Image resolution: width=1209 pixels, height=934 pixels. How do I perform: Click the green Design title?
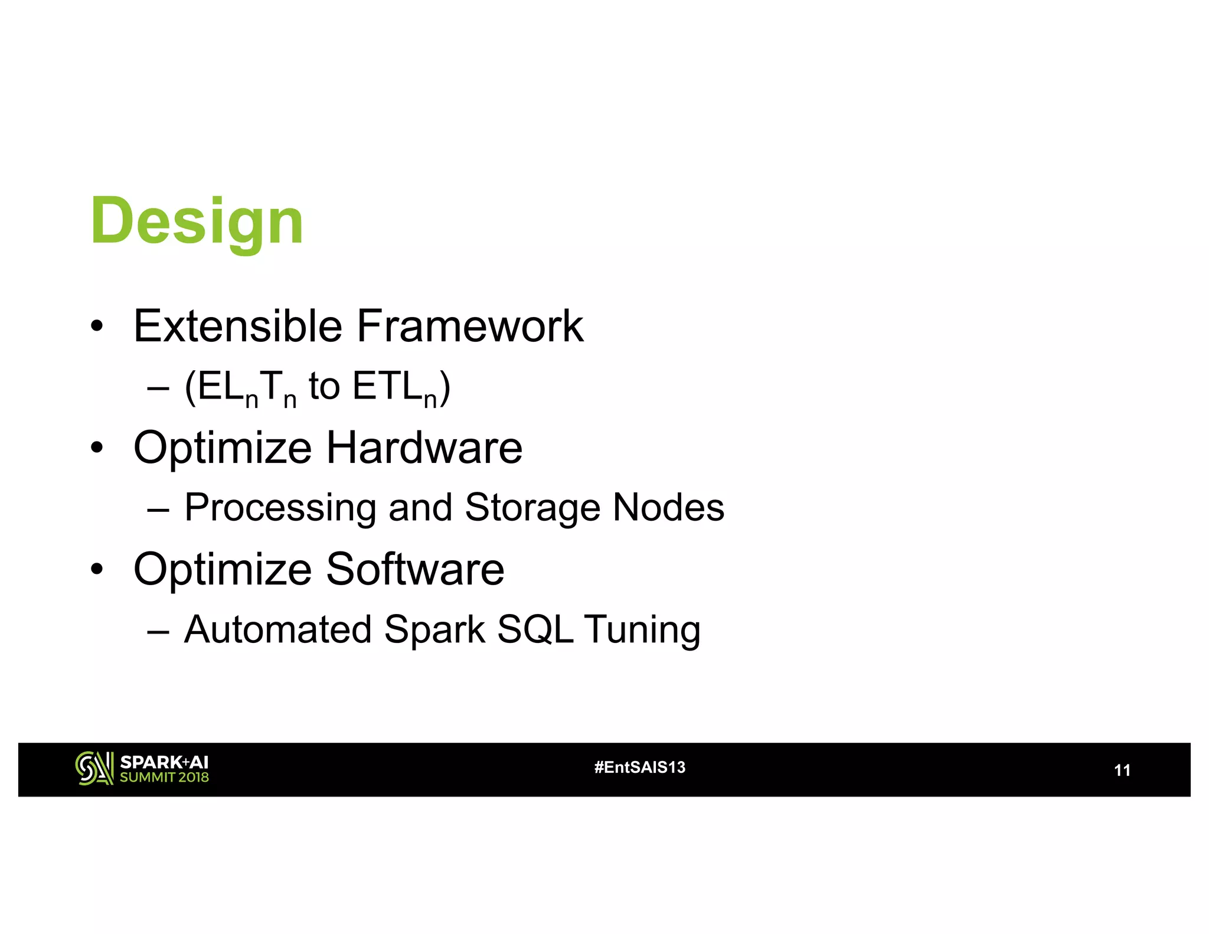(197, 222)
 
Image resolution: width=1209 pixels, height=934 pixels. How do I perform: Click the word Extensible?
(237, 326)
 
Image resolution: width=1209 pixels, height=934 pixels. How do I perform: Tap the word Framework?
(470, 326)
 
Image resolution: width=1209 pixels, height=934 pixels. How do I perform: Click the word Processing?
(280, 508)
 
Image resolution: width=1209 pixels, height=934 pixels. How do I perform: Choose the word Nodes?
(668, 508)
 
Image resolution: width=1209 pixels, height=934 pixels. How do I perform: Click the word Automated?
(277, 629)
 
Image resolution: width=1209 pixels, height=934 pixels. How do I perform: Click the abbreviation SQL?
(535, 629)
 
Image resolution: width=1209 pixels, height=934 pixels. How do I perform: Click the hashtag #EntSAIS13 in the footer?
(640, 767)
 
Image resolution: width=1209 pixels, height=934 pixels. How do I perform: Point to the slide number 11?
(1122, 770)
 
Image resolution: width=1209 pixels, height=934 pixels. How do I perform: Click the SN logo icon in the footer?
(94, 768)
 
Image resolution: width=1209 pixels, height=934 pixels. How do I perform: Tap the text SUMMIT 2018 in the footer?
(164, 778)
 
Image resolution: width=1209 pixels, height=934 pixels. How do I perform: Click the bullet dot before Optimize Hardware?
(97, 448)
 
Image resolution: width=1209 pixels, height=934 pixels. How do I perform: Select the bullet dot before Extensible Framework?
(97, 326)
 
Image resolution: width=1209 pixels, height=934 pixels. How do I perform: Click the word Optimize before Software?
(222, 570)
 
